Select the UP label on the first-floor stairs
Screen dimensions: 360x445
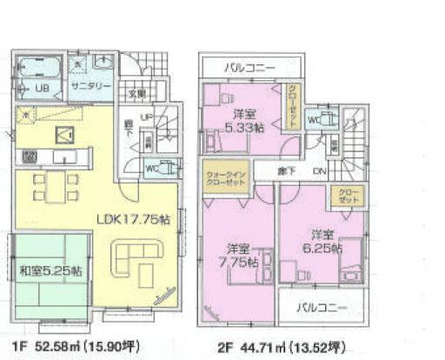click(147, 116)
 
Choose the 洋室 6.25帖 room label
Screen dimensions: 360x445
click(322, 241)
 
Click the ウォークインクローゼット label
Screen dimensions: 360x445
click(226, 179)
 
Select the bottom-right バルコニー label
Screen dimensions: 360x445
click(321, 308)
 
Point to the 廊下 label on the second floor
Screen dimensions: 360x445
click(283, 170)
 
